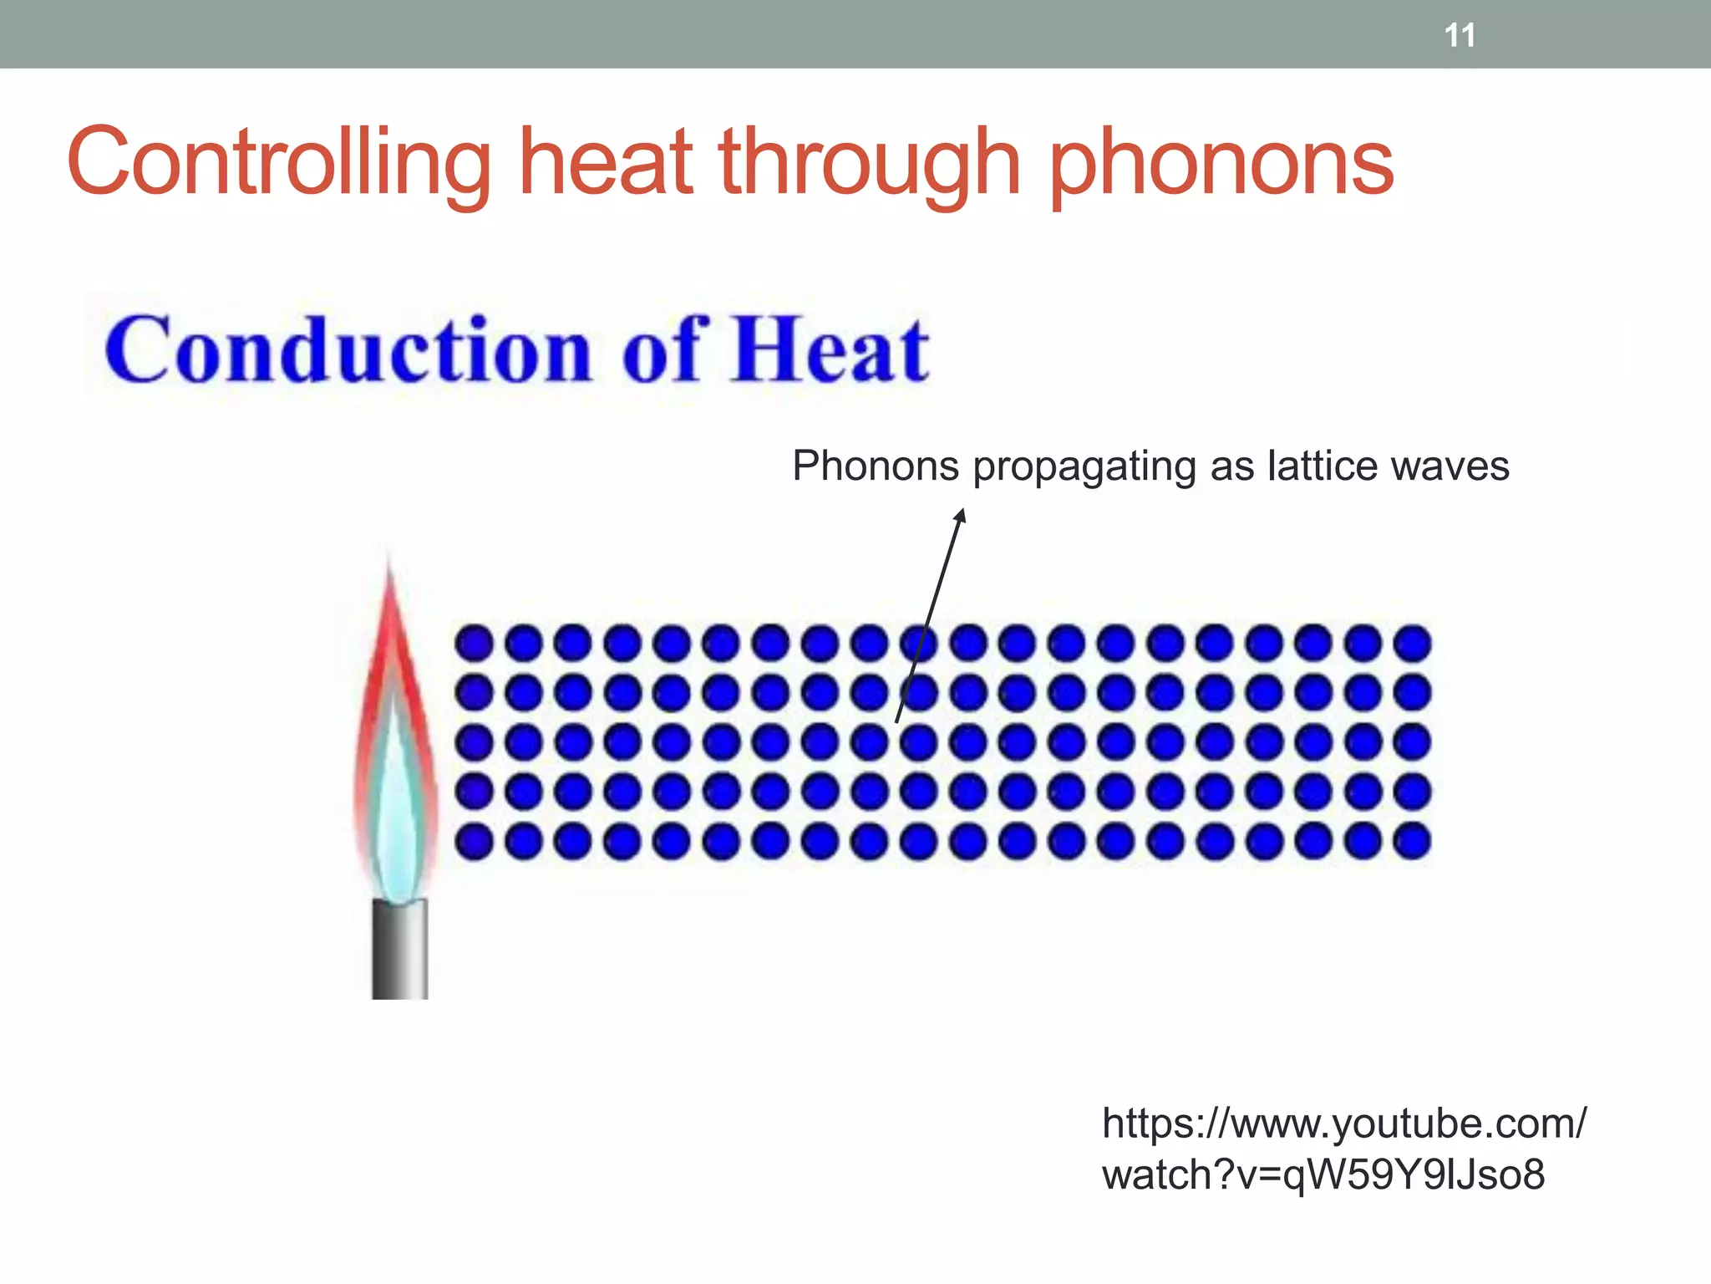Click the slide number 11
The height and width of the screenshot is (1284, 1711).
click(x=1460, y=35)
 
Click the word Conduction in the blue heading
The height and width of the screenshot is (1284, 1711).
click(x=348, y=351)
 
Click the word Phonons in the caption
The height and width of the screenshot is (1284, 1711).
click(x=875, y=466)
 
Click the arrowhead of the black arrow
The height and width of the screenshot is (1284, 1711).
click(x=961, y=515)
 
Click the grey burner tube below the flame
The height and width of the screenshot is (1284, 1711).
click(x=400, y=949)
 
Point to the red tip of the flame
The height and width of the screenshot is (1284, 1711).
click(x=389, y=585)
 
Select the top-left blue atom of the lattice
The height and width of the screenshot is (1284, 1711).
click(x=474, y=643)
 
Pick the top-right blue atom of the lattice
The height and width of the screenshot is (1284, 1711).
click(x=1413, y=643)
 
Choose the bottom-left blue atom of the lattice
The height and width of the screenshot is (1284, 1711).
click(x=474, y=841)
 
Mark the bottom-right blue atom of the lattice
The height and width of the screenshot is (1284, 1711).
click(x=1413, y=841)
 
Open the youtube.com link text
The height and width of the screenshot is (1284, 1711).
click(x=1343, y=1123)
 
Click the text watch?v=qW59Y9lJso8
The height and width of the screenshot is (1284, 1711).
click(x=1323, y=1174)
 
